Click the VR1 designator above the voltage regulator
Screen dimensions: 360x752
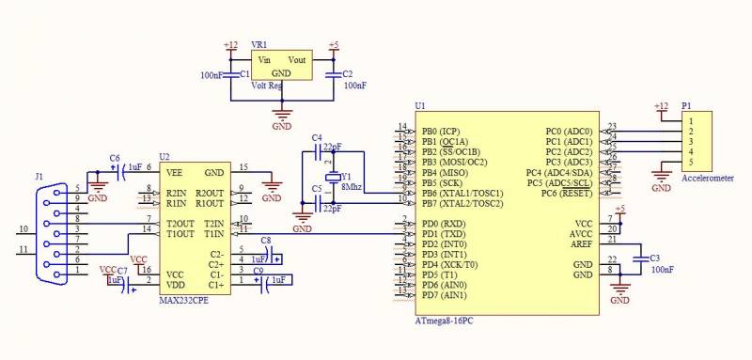258,44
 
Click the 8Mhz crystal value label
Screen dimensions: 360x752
352,187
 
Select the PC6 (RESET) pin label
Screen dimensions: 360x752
568,193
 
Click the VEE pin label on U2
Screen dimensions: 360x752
174,172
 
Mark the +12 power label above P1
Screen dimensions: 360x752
661,106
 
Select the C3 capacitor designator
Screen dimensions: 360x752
654,257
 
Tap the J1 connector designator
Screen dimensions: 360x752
39,176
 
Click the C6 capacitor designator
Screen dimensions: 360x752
114,157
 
